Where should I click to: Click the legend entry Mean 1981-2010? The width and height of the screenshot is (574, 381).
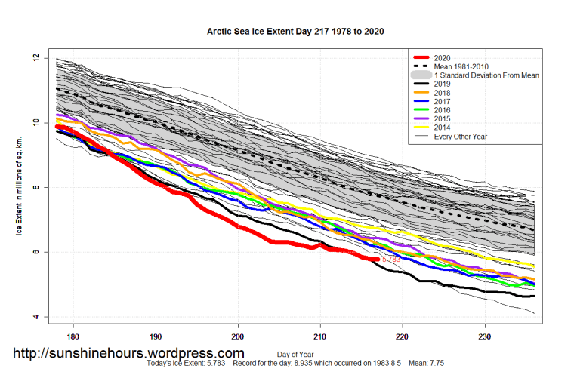(468, 66)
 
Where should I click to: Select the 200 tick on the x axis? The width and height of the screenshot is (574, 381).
(238, 336)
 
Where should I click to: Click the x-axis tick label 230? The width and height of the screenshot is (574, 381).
(485, 336)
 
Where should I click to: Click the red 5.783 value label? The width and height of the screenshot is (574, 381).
(391, 260)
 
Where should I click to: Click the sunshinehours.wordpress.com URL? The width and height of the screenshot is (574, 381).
(128, 353)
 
